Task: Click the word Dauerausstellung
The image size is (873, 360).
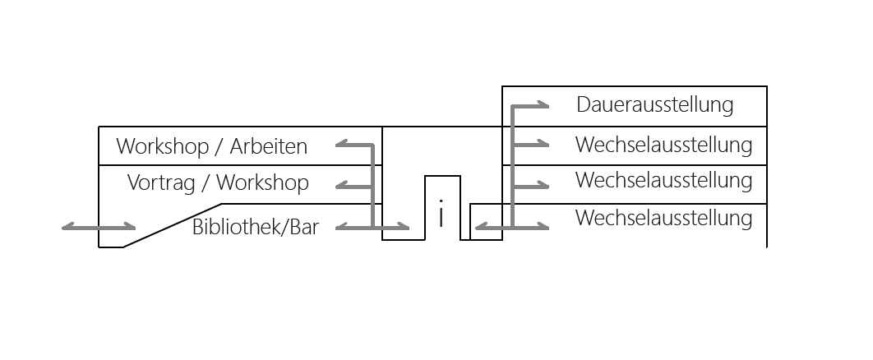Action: (x=654, y=105)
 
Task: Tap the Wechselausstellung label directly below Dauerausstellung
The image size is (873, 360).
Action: (x=663, y=145)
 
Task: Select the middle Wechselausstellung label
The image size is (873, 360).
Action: (x=663, y=180)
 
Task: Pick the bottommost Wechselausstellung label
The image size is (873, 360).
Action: (x=663, y=219)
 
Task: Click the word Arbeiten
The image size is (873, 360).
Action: (x=268, y=147)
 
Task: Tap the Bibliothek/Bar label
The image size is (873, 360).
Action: (x=255, y=228)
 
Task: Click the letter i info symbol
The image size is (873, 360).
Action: (x=442, y=216)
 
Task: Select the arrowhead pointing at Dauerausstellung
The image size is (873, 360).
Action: (x=543, y=105)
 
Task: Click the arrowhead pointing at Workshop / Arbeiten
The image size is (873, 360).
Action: (x=341, y=145)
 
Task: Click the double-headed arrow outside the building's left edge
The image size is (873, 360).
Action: (x=99, y=226)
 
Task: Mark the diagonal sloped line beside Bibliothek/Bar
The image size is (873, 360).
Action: (x=172, y=224)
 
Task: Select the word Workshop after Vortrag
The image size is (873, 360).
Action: (x=262, y=182)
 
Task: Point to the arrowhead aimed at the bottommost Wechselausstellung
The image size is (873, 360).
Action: (x=543, y=225)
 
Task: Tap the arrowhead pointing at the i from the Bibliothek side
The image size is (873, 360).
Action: (x=403, y=226)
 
